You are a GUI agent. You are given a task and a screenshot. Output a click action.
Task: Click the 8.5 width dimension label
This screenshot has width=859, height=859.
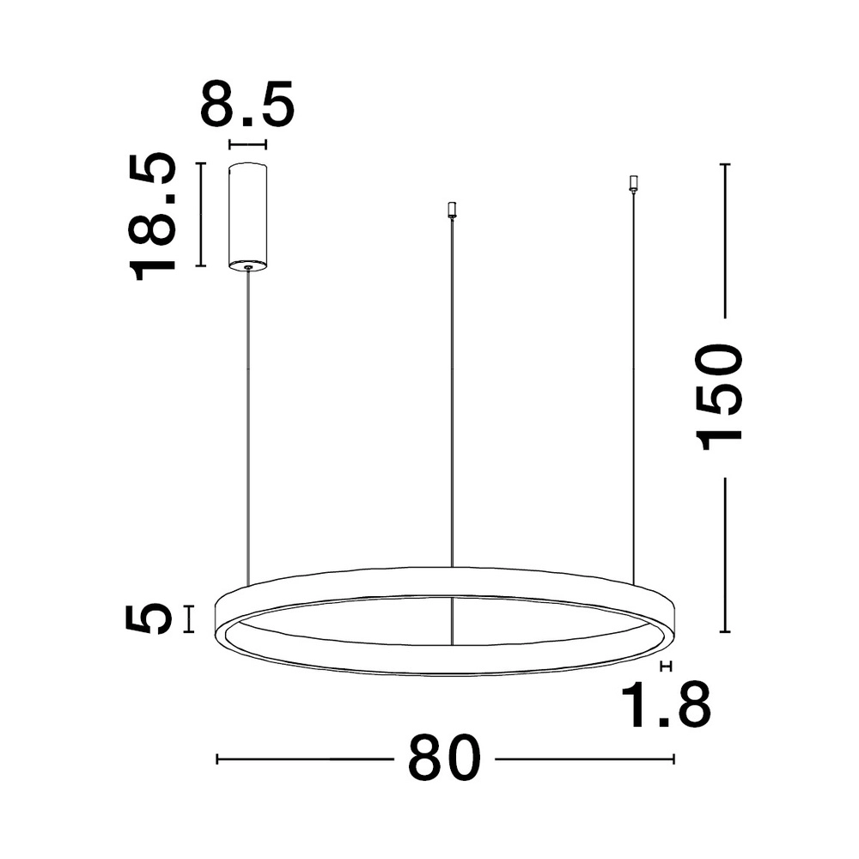(x=247, y=105)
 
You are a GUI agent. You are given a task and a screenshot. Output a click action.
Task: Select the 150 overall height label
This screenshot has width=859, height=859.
(x=721, y=396)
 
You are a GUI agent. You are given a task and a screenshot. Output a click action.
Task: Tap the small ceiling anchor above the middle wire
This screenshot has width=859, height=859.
(x=452, y=209)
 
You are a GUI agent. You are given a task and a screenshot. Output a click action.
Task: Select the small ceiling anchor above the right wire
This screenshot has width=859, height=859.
(x=634, y=183)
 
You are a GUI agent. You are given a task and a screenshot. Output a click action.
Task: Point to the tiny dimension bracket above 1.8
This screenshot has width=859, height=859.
(x=663, y=666)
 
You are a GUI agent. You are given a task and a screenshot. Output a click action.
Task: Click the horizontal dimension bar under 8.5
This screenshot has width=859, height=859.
(x=247, y=145)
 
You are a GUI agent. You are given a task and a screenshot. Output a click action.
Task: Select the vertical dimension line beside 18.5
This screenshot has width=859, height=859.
(x=200, y=215)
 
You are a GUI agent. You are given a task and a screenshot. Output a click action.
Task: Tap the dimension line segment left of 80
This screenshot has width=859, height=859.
(x=300, y=758)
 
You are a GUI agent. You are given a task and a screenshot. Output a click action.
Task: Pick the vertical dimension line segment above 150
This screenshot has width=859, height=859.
(x=726, y=241)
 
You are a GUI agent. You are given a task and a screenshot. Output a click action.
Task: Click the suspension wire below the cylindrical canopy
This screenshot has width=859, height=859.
(x=248, y=429)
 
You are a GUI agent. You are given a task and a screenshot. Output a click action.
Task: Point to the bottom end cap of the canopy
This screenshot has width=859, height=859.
(x=247, y=265)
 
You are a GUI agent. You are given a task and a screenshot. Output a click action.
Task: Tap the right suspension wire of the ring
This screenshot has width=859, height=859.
(x=634, y=387)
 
